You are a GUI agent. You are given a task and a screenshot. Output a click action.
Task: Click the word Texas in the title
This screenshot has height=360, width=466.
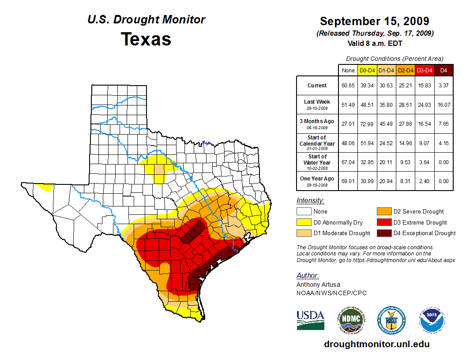point(146,39)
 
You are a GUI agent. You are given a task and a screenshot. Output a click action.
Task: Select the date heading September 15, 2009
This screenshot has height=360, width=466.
point(374,21)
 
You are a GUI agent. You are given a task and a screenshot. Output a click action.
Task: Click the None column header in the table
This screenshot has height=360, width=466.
point(348,70)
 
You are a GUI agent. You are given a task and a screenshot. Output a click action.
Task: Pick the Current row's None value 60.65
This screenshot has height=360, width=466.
point(348,86)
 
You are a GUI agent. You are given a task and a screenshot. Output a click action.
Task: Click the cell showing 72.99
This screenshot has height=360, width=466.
point(367,124)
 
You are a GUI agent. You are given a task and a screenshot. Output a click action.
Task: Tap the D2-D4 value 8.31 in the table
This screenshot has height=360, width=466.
point(406,181)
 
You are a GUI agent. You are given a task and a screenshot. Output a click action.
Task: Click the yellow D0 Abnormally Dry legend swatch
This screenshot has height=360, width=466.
point(304,222)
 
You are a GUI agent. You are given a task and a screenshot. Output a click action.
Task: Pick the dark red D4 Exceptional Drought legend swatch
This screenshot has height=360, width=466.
point(384,233)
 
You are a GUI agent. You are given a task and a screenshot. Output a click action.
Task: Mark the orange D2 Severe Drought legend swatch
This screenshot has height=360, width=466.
point(384,212)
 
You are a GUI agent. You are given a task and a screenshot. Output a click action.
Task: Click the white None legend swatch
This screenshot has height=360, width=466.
point(304,212)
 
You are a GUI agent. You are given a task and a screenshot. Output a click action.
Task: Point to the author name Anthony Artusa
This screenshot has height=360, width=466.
point(318,285)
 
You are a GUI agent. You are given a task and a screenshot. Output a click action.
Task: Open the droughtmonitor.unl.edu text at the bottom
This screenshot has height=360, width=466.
point(376,344)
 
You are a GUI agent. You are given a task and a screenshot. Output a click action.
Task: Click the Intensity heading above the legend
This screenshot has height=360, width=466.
point(310,201)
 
